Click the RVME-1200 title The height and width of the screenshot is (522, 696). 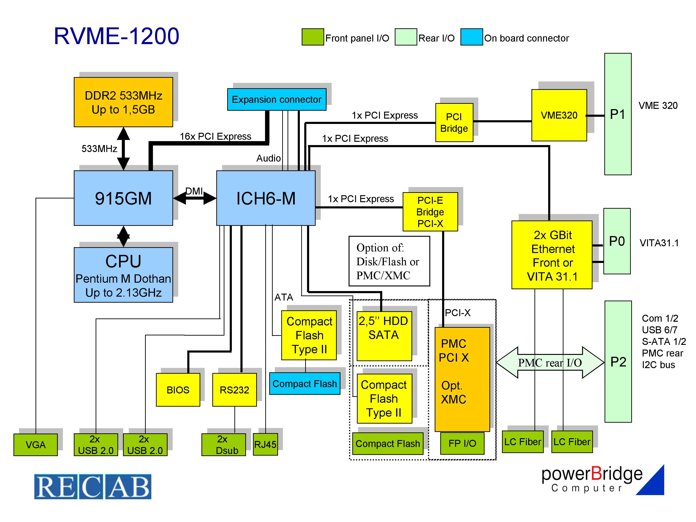tap(117, 36)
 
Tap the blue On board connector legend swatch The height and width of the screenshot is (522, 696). tap(471, 37)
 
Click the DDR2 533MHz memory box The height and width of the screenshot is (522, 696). tap(123, 102)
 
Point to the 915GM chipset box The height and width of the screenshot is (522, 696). tap(123, 198)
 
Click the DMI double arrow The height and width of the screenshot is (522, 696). tap(194, 198)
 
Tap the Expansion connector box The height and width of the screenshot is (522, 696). tap(277, 99)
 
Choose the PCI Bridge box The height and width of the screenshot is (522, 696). tap(454, 123)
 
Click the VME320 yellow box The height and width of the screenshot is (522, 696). tap(559, 115)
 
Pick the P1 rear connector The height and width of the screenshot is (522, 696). tap(617, 114)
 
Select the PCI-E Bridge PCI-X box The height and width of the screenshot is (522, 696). tap(430, 212)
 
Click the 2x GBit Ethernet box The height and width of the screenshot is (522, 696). tap(552, 255)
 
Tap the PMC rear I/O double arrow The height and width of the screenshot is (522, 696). tap(550, 363)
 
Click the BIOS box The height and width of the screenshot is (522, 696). tap(178, 390)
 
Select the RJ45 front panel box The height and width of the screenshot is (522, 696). tap(265, 444)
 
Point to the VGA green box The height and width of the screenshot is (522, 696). tap(36, 445)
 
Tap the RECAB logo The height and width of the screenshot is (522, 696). tap(93, 486)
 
